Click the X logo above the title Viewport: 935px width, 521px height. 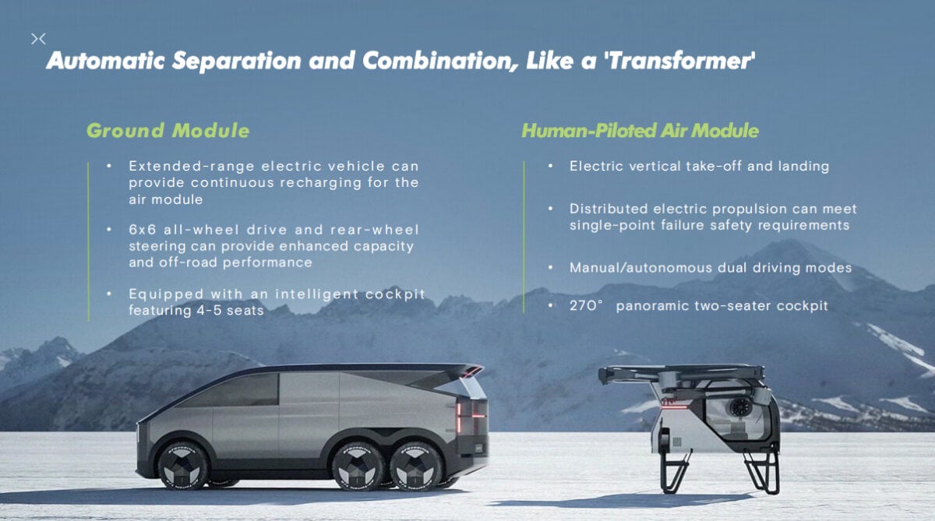(38, 39)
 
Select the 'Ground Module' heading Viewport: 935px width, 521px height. (168, 131)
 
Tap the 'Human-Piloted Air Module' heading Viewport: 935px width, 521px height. (640, 131)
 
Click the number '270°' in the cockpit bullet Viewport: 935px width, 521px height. (586, 306)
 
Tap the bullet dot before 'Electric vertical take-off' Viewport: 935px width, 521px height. (551, 166)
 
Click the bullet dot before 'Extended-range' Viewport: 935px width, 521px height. (109, 166)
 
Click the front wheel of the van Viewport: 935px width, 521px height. (182, 466)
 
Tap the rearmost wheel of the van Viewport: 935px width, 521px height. (416, 466)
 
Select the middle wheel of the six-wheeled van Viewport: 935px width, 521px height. (358, 466)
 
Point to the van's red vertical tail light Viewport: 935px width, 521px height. (459, 418)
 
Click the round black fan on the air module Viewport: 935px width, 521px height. (740, 407)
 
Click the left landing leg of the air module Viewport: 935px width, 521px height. (675, 471)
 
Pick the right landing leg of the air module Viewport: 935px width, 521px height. (762, 470)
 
